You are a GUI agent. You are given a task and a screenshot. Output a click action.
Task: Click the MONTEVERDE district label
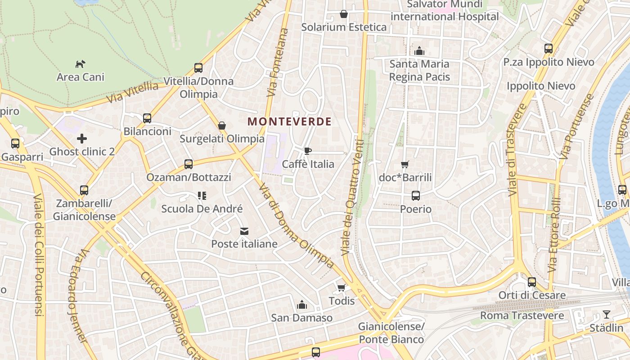tap(289, 121)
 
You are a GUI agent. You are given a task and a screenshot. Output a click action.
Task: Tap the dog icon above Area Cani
tap(81, 64)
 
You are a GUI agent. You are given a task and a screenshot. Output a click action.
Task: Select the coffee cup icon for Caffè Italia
tap(308, 151)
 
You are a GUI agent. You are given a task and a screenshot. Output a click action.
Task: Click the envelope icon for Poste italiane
tap(244, 231)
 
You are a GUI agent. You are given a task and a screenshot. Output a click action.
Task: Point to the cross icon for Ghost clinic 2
tap(82, 139)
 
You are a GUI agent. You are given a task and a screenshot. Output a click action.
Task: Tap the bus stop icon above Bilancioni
tap(147, 118)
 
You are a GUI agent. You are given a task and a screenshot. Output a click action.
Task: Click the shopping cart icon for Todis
tap(342, 288)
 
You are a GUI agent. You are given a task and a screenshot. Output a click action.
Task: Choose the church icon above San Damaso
tap(302, 305)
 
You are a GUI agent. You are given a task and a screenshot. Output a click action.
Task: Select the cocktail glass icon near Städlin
tap(607, 315)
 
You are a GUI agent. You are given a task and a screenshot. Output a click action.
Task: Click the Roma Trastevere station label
tap(522, 315)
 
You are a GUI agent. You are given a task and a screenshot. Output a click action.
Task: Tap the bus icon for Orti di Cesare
tap(532, 282)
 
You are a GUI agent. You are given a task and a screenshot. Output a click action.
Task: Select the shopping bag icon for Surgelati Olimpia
tap(222, 125)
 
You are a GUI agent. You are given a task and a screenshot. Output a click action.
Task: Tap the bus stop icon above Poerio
tap(416, 196)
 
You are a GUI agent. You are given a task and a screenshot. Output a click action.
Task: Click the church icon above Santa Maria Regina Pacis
tap(419, 51)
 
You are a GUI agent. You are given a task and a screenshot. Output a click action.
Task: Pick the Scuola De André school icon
tap(202, 196)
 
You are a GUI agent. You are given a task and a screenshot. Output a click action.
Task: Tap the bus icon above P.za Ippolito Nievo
tap(549, 49)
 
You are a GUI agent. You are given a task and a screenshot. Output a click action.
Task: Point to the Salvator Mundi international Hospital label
tap(445, 10)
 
